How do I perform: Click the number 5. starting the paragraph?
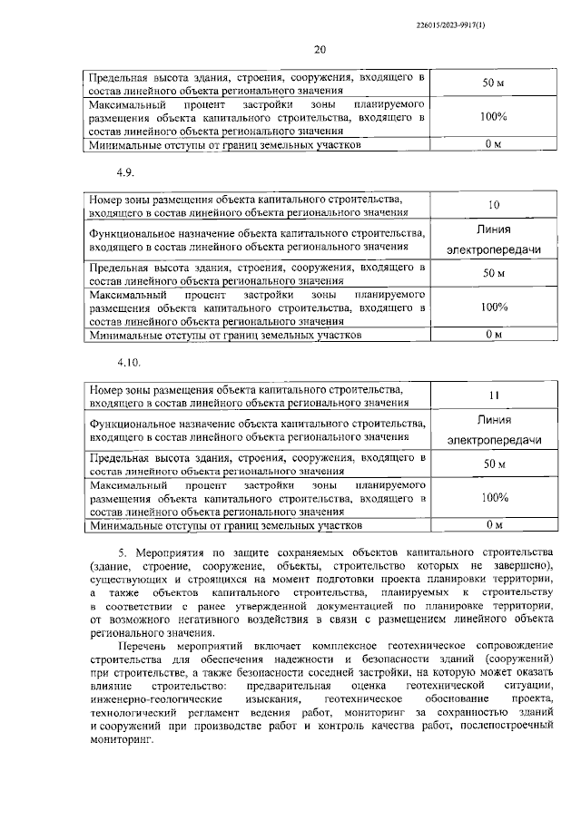click(124, 552)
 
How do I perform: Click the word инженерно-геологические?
click(142, 699)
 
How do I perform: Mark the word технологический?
click(129, 713)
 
